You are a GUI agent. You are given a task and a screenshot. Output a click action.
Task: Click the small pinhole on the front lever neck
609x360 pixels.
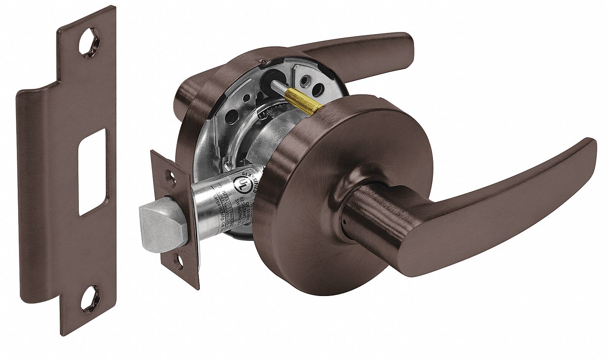(x=345, y=222)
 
